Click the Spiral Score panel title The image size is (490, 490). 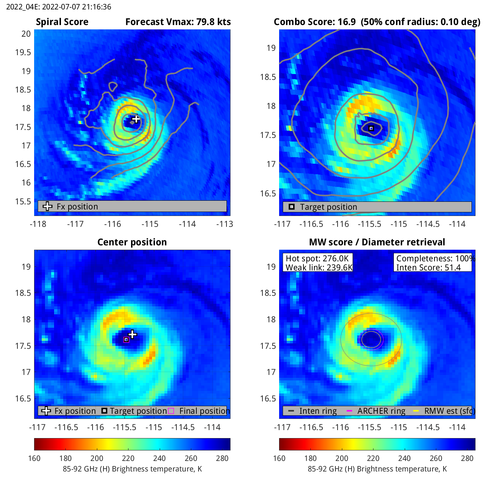click(62, 22)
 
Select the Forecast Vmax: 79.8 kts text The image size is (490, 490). click(178, 22)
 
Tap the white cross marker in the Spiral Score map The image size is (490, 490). click(136, 119)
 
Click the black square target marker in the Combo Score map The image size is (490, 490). click(371, 128)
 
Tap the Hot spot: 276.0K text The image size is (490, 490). click(317, 258)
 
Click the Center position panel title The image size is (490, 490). click(132, 242)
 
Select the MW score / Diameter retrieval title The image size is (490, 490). click(377, 242)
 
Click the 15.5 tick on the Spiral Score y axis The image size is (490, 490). click(23, 201)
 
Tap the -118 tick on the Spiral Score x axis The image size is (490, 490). click(38, 224)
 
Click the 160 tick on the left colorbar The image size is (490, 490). click(34, 458)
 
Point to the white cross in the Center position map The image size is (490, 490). click(132, 334)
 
